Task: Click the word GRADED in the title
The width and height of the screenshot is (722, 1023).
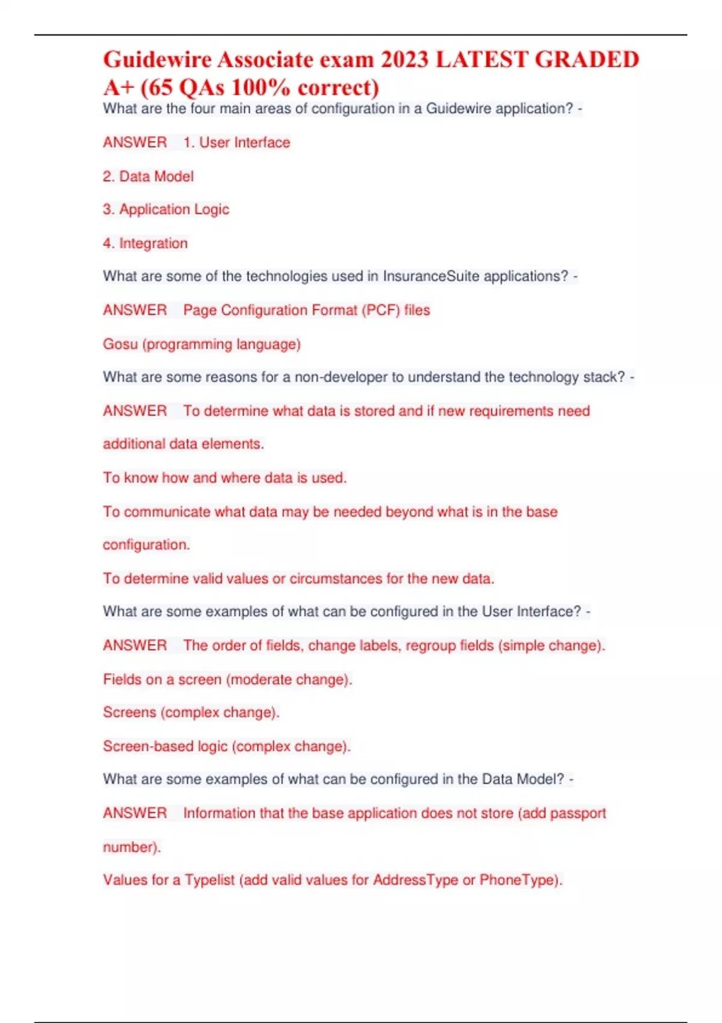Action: [587, 60]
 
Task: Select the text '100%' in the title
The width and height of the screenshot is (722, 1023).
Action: [260, 88]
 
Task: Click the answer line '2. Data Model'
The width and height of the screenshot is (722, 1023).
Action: [148, 176]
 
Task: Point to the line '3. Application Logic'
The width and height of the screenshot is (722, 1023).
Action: [166, 209]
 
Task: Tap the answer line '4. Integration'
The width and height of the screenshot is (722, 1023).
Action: [145, 243]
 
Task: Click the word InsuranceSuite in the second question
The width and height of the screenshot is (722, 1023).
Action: [431, 276]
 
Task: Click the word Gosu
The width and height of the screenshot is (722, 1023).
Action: [120, 344]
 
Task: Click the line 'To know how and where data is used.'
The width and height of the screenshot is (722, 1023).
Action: [224, 478]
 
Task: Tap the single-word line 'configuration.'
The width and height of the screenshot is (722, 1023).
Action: [146, 545]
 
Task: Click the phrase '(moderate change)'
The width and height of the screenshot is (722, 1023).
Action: [289, 679]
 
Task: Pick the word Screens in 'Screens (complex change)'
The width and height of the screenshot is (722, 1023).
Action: [129, 712]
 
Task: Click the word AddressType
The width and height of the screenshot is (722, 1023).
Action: [415, 880]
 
